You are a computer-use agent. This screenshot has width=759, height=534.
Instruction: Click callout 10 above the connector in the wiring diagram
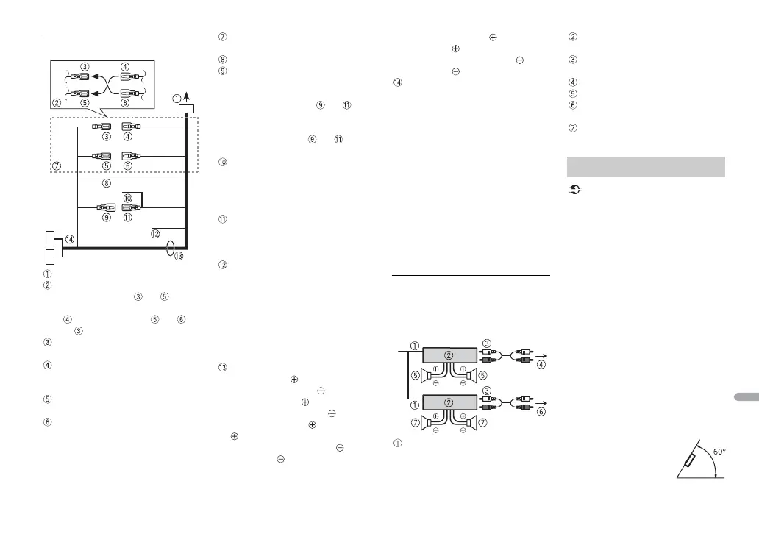click(127, 198)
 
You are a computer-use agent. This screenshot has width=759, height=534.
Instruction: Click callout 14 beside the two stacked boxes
click(68, 239)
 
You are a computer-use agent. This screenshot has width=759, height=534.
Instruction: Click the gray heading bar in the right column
click(646, 166)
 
